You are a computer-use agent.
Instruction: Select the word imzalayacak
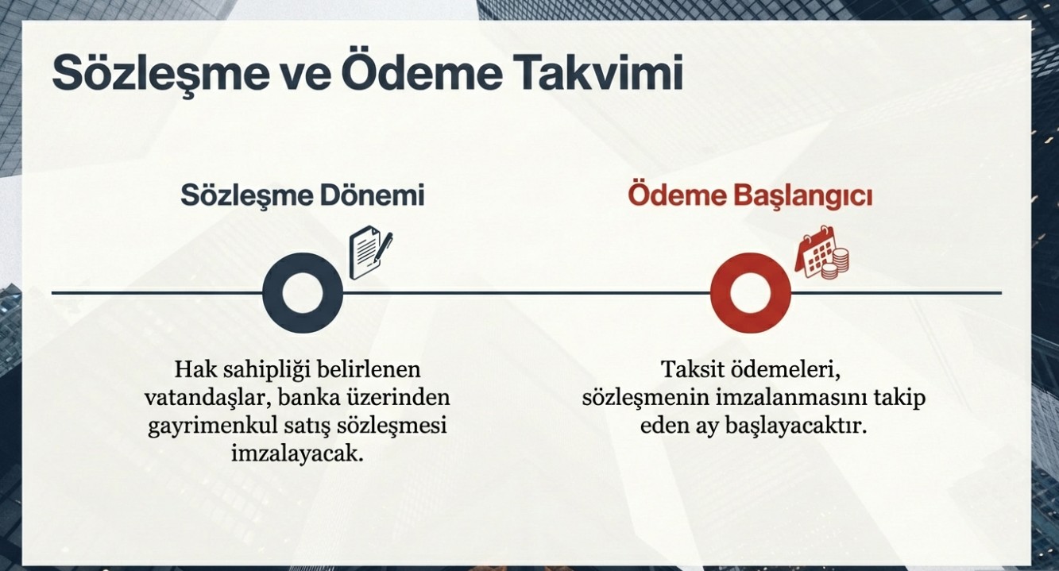(297, 454)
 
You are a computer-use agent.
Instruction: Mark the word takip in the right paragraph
(899, 399)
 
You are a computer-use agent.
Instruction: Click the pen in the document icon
(382, 248)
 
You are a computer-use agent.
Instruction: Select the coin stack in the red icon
(836, 264)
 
